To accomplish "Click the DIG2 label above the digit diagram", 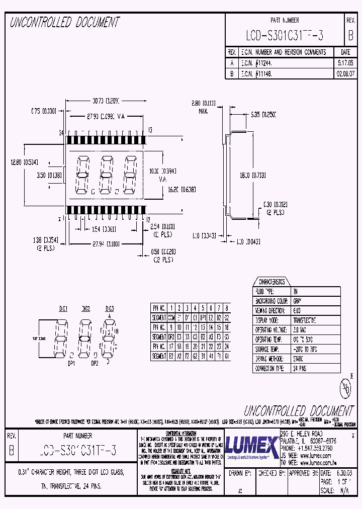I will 85,308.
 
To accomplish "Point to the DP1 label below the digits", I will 71,362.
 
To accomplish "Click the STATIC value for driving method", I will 299,359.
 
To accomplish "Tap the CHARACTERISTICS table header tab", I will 271,282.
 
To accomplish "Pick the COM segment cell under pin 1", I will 171,318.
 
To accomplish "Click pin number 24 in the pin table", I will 227,347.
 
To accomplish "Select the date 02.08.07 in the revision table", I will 345,73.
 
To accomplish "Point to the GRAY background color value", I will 298,301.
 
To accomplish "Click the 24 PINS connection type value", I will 300,368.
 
